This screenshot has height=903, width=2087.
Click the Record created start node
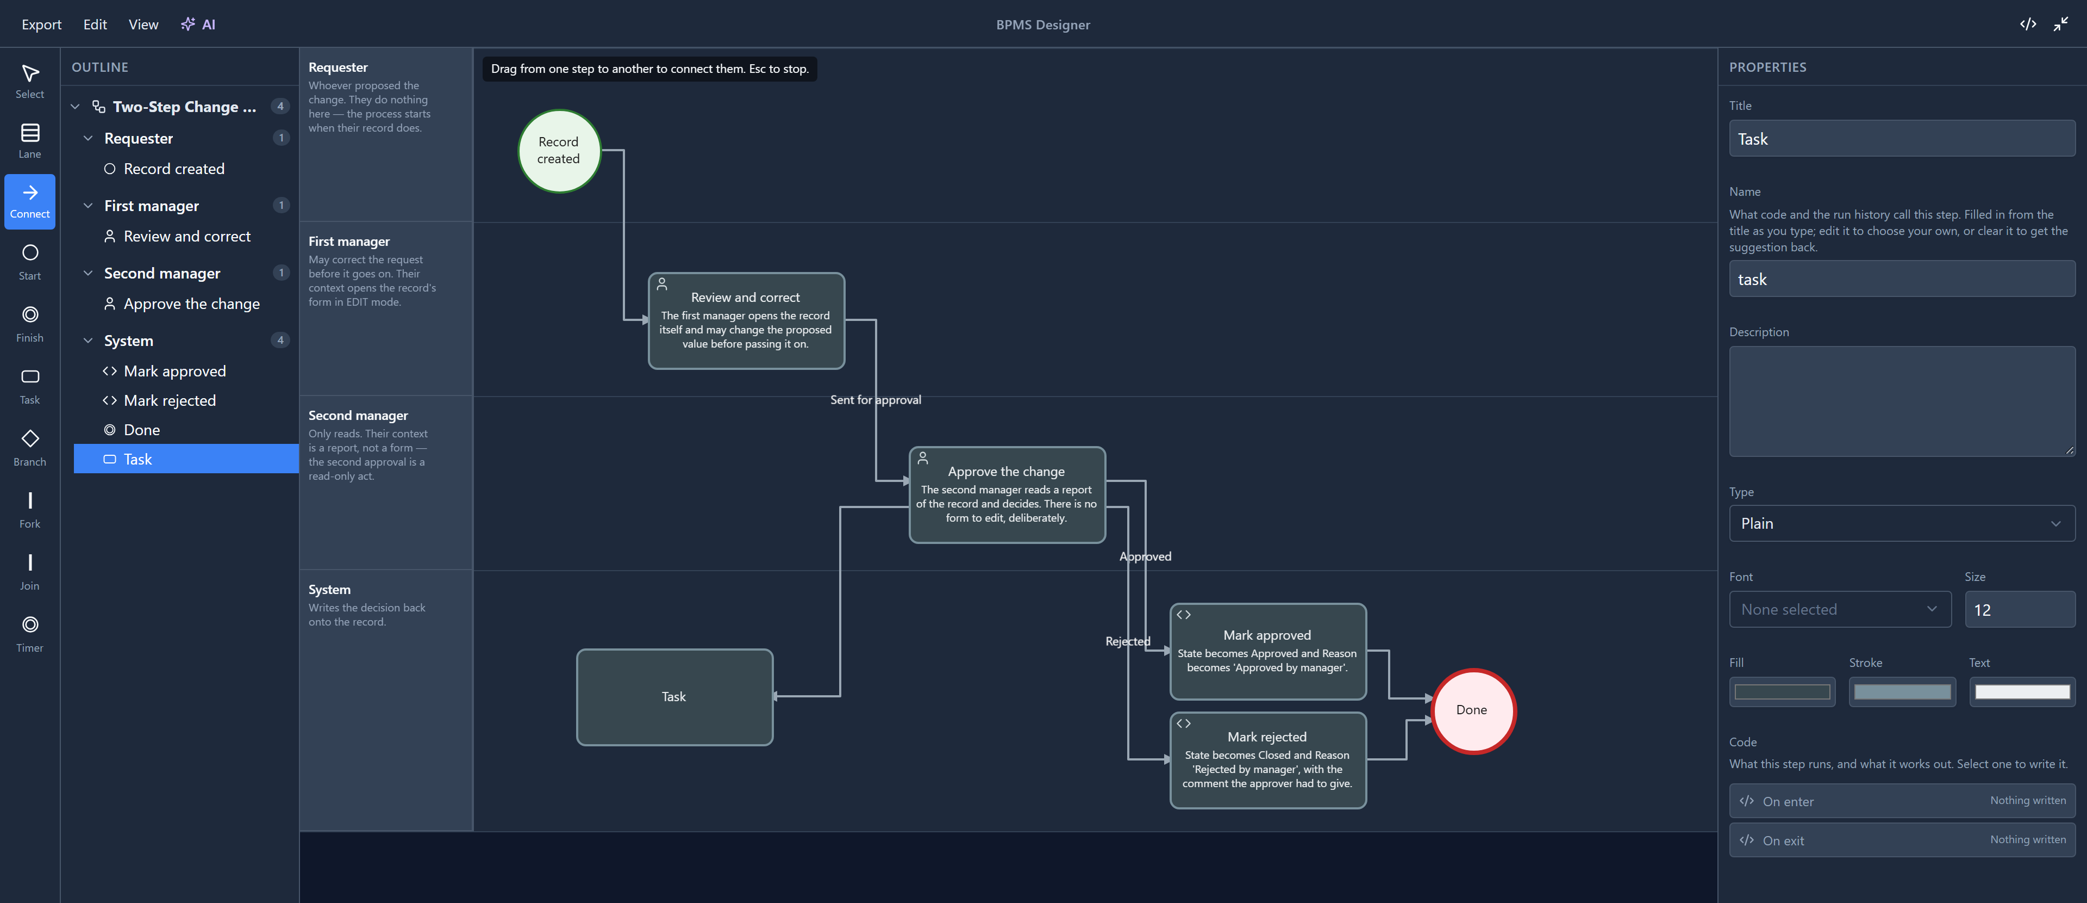[559, 151]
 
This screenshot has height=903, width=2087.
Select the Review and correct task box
[746, 320]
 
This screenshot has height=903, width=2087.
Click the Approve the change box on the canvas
[1007, 494]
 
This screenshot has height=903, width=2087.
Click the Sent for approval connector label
[875, 400]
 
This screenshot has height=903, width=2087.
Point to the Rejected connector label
[1128, 641]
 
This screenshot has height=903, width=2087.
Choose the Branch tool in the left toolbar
[30, 448]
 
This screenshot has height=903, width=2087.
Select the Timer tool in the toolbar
[30, 633]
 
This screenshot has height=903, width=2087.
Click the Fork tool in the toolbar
[30, 509]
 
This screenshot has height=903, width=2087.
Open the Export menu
[41, 24]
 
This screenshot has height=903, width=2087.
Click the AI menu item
[198, 24]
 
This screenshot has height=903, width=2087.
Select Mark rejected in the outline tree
[170, 400]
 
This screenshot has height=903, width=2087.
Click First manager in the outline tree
[152, 206]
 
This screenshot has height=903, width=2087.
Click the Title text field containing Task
[1902, 139]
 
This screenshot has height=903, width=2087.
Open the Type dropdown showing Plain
[1902, 524]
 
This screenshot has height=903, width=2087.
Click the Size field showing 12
[2019, 610]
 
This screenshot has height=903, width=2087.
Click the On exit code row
[1902, 840]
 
